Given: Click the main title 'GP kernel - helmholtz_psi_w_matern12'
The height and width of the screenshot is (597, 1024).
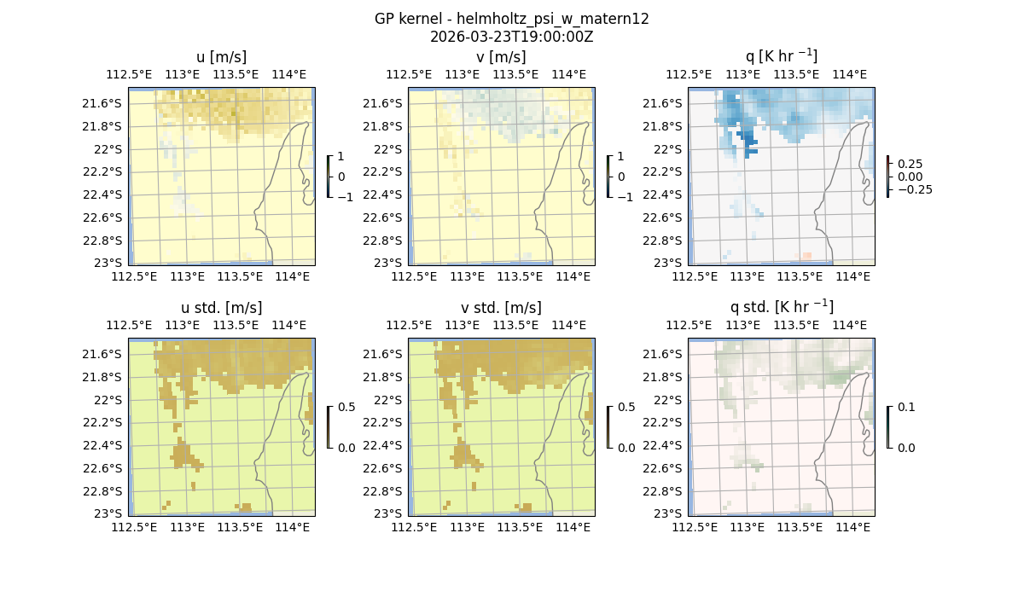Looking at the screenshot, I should tap(512, 19).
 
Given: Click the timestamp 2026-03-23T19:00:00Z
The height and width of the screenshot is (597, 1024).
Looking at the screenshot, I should tap(512, 37).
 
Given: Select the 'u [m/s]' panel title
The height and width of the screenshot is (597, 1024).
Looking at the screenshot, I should tap(222, 57).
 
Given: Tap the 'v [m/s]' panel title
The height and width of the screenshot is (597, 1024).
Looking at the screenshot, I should tap(501, 57).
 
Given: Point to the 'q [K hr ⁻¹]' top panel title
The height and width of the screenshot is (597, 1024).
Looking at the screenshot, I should tap(781, 56).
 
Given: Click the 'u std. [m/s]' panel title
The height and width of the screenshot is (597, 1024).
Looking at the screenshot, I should tap(222, 308).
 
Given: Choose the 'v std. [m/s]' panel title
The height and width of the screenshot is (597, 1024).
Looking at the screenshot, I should tap(501, 308).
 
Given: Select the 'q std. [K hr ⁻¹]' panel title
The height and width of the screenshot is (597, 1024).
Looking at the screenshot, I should tap(781, 307).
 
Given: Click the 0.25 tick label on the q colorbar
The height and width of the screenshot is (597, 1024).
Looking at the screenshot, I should tap(910, 164).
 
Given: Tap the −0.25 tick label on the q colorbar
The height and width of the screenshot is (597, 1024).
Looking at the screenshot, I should tap(914, 189).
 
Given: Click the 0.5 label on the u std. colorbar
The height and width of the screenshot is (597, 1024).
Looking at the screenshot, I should tap(346, 407).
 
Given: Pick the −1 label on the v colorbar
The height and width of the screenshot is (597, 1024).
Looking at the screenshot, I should tap(625, 197).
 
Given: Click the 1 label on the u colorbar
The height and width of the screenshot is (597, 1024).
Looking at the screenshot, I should tap(341, 157).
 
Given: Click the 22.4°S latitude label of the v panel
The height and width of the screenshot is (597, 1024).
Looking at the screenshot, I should tap(382, 194).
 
